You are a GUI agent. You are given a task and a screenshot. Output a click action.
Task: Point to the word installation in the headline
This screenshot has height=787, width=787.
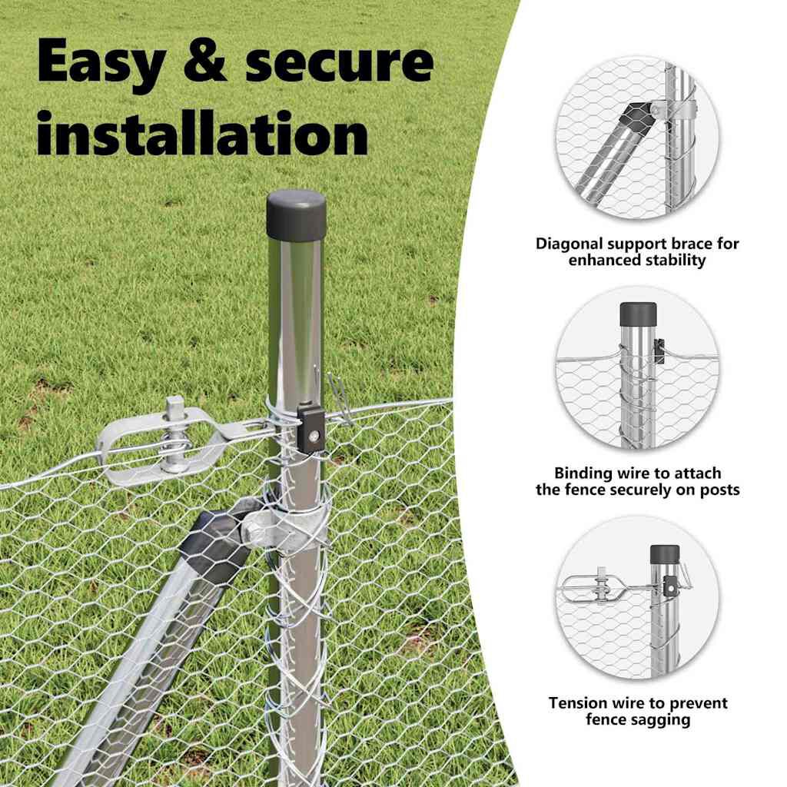click(x=202, y=132)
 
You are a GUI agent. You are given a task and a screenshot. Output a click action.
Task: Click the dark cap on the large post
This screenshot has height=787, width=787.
click(x=296, y=214)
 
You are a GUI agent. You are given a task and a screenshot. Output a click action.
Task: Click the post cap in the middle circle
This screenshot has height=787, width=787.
click(x=638, y=314)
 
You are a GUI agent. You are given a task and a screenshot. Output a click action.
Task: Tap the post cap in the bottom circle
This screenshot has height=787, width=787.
click(x=665, y=554)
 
